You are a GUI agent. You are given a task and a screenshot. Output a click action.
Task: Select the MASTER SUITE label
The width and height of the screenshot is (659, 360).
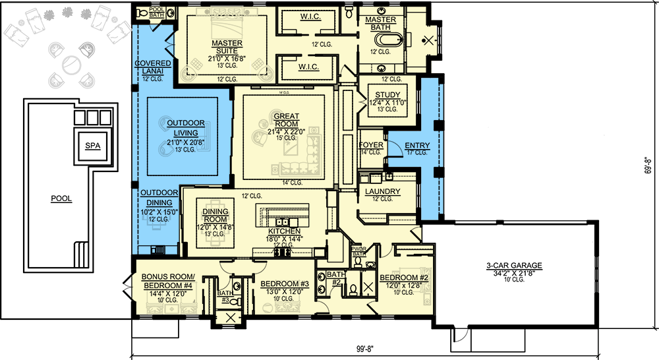[226, 47]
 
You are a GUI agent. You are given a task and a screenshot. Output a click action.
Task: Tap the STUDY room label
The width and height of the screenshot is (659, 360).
[382, 96]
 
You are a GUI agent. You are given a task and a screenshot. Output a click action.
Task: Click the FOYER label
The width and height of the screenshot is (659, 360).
[371, 145]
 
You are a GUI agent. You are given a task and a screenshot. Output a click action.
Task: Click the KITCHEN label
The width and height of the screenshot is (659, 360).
[285, 231]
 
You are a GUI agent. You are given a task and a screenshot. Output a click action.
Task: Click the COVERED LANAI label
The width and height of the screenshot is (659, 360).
[153, 67]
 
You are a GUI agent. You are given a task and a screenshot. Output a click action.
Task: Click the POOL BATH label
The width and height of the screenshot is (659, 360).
[156, 11]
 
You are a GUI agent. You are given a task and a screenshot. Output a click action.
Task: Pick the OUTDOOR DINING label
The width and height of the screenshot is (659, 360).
[158, 196]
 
